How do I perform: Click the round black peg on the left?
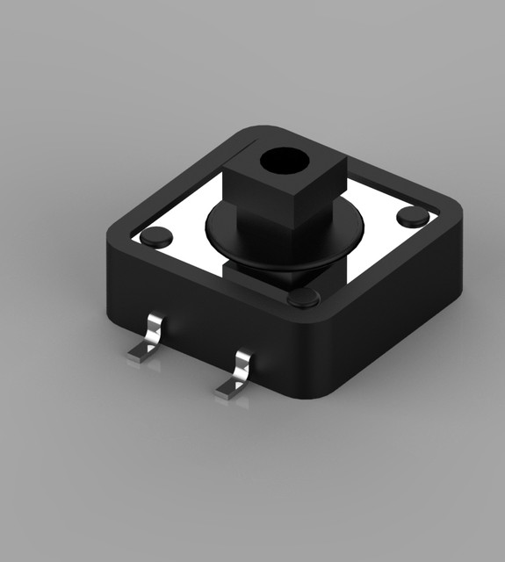(157, 235)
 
